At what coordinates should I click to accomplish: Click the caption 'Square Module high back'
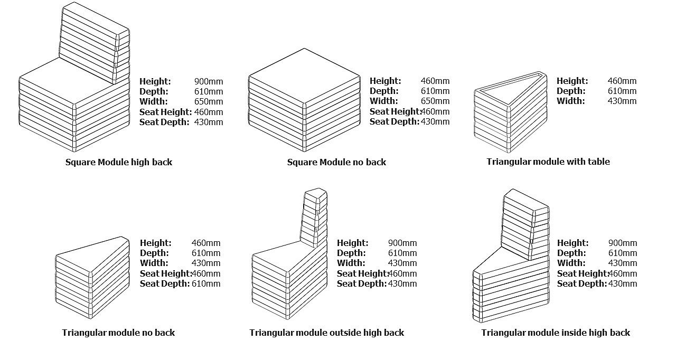pos(118,162)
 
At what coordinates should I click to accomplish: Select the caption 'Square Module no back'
pos(336,162)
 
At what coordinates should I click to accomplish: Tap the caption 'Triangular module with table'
pos(548,162)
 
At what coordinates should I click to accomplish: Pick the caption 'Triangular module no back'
pos(118,333)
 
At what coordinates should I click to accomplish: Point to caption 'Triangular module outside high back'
pos(326,333)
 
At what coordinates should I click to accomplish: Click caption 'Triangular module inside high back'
pos(556,333)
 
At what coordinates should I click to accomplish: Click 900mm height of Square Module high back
pos(209,81)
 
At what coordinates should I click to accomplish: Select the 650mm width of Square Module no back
pos(435,101)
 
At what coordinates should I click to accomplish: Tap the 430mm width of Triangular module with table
pos(622,101)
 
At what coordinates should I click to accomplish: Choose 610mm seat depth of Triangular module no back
pos(206,283)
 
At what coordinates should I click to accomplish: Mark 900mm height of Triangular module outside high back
pos(402,243)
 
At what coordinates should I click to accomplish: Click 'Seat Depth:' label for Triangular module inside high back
pos(581,283)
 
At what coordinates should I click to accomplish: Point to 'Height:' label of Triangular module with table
pos(572,81)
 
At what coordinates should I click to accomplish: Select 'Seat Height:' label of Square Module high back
pos(165,112)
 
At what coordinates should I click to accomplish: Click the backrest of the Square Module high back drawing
pos(94,42)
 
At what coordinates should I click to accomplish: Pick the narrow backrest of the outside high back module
pos(314,216)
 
